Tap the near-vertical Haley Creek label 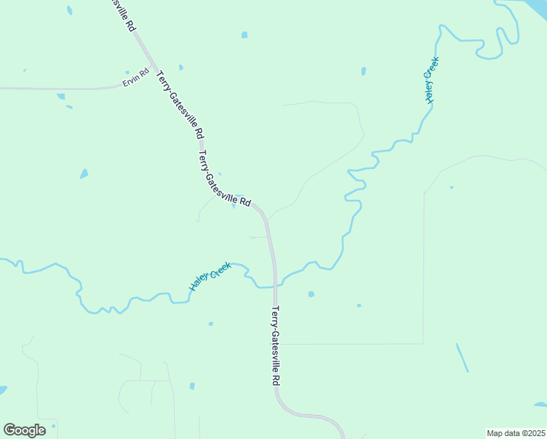pyautogui.click(x=431, y=80)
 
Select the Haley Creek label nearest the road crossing pyautogui.click(x=211, y=276)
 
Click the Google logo pyautogui.click(x=24, y=430)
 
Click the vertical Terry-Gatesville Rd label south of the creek pyautogui.click(x=275, y=346)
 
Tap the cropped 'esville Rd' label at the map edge pyautogui.click(x=125, y=14)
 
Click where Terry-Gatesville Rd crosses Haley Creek pyautogui.click(x=276, y=284)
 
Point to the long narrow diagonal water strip pyautogui.click(x=462, y=358)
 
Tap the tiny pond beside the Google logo pyautogui.click(x=53, y=425)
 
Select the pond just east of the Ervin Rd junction pyautogui.click(x=181, y=68)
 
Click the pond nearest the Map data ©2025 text pyautogui.click(x=539, y=404)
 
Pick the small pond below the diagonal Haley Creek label pyautogui.click(x=211, y=323)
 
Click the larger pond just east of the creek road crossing pyautogui.click(x=311, y=294)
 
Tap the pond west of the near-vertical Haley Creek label pyautogui.click(x=363, y=72)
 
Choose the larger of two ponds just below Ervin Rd pyautogui.click(x=61, y=96)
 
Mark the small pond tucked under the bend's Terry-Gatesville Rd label pyautogui.click(x=234, y=206)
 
